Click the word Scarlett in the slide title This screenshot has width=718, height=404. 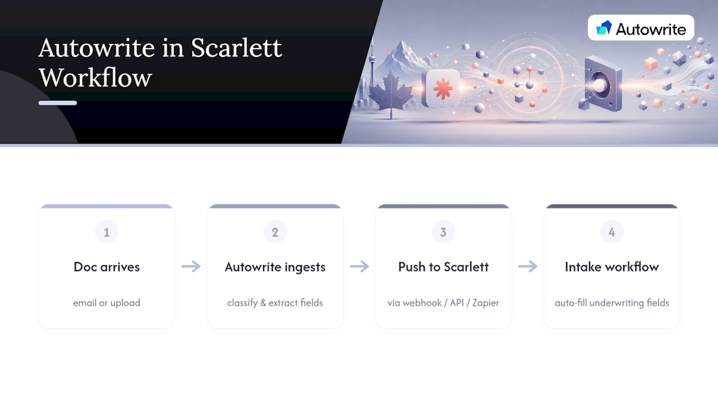pos(236,48)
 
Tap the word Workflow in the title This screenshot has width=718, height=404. pos(95,77)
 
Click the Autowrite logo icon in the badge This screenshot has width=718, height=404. pos(604,28)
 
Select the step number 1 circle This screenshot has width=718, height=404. pos(107,232)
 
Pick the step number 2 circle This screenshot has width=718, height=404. pos(275,232)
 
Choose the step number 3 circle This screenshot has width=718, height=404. pos(443,232)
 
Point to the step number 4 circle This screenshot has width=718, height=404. pos(612,232)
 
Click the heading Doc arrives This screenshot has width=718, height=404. pos(107,267)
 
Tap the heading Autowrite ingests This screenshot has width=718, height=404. pos(275,267)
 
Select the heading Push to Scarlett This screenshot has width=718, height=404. pos(443,267)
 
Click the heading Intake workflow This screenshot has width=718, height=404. pos(612,267)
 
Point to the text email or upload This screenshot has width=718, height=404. pos(107,303)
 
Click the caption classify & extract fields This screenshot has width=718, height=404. pos(275,303)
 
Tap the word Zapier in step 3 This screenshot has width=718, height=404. pos(486,303)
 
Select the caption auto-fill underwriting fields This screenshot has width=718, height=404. pos(612,303)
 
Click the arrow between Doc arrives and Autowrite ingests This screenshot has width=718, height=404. pos(191,267)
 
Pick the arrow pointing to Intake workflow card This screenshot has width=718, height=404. pos(528,267)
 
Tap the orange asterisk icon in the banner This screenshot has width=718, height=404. pos(443,89)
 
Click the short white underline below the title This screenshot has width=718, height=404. pos(58,103)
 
